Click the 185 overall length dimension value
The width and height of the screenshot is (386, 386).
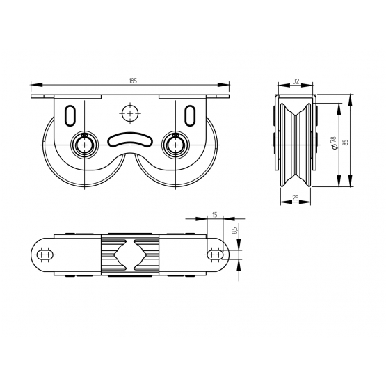133,81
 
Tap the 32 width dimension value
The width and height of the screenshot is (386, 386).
296,81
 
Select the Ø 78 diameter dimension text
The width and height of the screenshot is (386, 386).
334,143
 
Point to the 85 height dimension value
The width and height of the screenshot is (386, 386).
346,143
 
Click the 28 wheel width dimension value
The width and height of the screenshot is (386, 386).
296,198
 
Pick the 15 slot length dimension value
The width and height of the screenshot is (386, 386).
215,215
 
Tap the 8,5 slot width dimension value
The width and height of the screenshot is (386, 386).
234,230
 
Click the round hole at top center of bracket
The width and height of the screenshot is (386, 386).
130,113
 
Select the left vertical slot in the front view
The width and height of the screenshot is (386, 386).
70,115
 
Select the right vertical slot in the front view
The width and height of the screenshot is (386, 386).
190,115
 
